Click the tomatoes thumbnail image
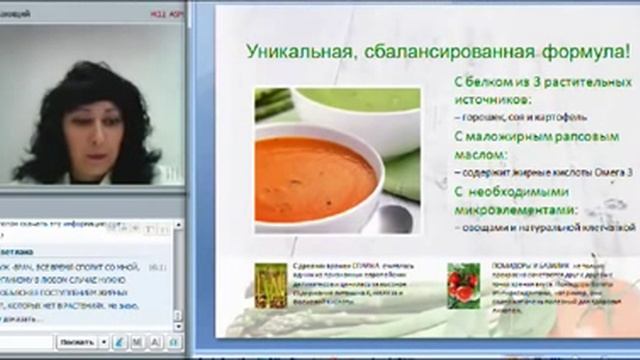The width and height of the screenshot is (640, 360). [x=463, y=285]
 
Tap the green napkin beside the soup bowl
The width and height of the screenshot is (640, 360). [x=404, y=176]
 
